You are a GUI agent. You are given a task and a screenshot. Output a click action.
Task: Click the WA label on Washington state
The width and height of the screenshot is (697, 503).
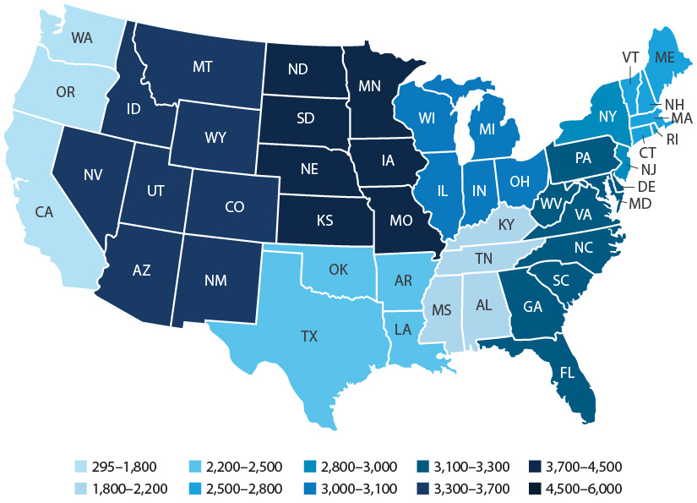tap(82, 38)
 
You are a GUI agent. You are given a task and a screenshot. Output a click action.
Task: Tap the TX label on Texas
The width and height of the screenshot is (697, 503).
tap(309, 336)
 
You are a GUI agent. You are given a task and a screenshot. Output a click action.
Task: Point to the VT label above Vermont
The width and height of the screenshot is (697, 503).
tap(630, 57)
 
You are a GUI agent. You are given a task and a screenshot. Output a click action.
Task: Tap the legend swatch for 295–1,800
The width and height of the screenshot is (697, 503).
tap(80, 467)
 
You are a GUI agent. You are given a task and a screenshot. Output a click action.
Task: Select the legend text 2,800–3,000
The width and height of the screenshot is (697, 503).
tap(356, 467)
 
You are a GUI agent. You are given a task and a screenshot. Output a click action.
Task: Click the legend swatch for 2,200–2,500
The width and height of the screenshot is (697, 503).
tap(193, 467)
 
